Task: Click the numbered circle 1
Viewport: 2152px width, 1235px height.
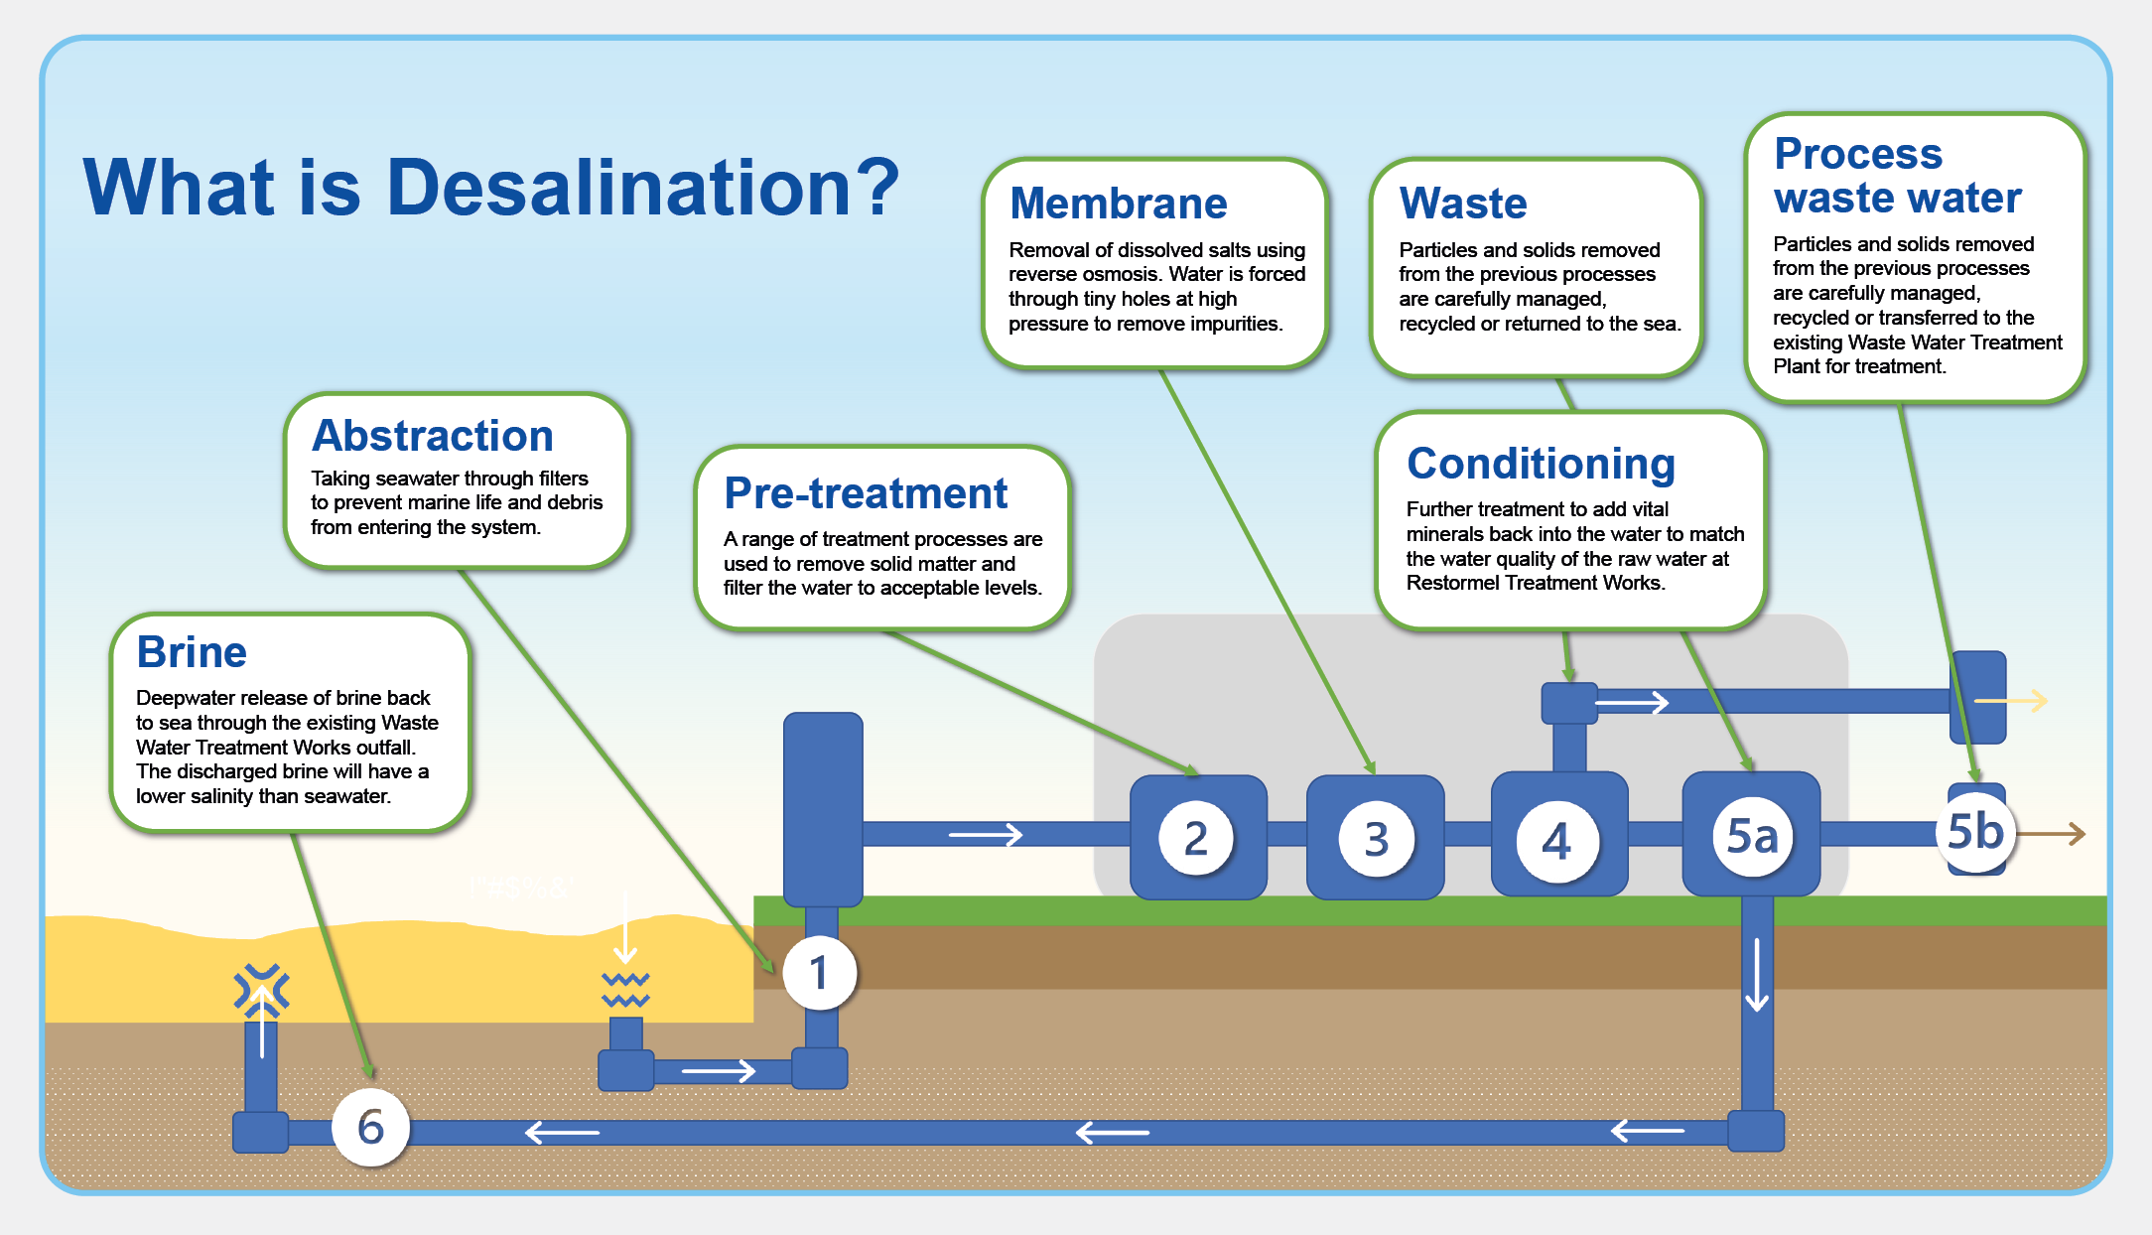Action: (819, 973)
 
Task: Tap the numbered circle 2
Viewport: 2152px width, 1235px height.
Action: (1196, 839)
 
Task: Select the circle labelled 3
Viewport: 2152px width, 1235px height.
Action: (1376, 840)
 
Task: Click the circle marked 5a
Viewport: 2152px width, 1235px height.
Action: (1752, 837)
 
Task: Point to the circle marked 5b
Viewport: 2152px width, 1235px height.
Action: (1975, 832)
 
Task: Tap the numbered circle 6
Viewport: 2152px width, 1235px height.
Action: (370, 1127)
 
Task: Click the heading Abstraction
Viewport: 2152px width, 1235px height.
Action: (433, 436)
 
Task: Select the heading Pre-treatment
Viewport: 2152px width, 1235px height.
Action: (866, 493)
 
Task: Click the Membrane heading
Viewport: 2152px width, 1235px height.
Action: (1119, 204)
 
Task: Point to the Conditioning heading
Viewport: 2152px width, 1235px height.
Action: (1541, 464)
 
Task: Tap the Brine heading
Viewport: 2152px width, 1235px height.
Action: (192, 652)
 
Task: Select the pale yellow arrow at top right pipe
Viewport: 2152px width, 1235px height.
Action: (2012, 701)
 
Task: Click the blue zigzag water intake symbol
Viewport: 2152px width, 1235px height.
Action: (625, 990)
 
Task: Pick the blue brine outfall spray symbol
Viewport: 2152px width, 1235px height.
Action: (261, 990)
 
